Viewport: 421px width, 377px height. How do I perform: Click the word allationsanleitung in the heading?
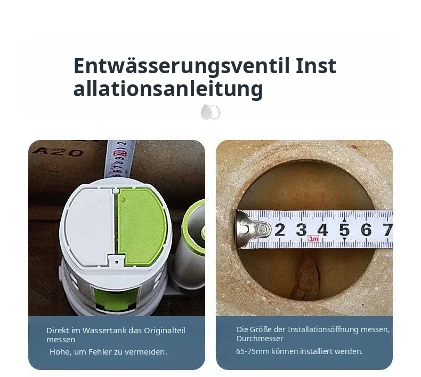click(168, 89)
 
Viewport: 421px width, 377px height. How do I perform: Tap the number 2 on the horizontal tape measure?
click(280, 230)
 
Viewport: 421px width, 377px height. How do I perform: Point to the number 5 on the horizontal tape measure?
click(344, 230)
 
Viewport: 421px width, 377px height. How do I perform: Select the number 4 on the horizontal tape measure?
click(323, 230)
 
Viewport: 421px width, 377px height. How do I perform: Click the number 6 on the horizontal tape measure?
click(366, 230)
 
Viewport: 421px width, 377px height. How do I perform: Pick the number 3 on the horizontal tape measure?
click(301, 230)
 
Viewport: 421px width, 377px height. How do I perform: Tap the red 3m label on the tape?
click(313, 239)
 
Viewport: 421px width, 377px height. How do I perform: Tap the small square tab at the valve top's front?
click(117, 262)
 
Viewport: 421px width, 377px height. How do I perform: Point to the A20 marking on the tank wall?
click(58, 153)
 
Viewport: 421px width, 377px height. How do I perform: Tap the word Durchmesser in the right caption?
click(260, 339)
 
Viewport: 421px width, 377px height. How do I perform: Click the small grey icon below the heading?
click(210, 112)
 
